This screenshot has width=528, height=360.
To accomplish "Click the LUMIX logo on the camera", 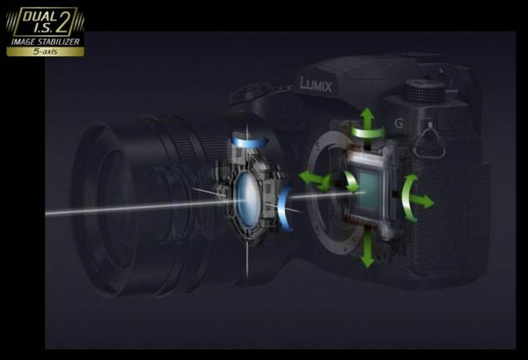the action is click(316, 84).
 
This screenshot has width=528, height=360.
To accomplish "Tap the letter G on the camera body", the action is click(399, 123).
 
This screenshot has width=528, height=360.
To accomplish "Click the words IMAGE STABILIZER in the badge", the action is click(46, 41).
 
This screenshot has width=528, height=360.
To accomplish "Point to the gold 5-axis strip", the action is click(45, 52).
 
